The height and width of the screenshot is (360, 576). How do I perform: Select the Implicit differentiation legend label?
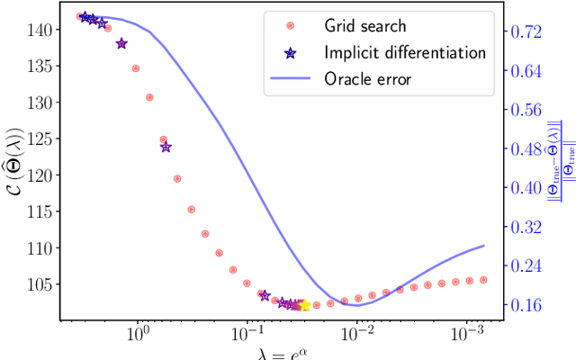(407, 53)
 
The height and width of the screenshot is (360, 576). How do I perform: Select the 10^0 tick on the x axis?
(138, 334)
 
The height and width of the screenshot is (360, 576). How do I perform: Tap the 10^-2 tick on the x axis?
(357, 334)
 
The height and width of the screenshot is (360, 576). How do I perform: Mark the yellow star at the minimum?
(303, 306)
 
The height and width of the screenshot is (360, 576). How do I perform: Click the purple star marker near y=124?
(166, 147)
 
